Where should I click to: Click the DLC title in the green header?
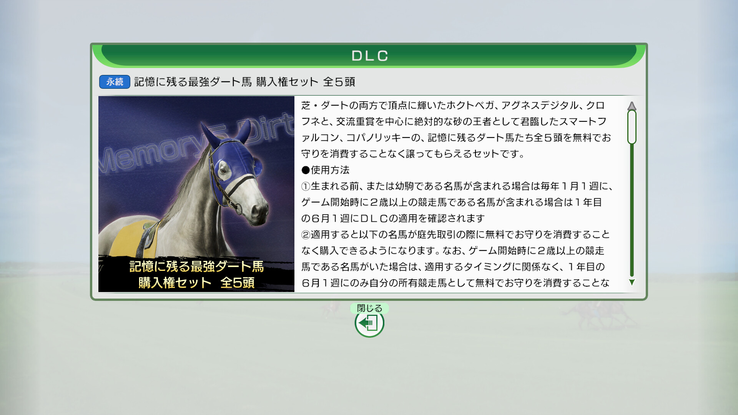coord(370,56)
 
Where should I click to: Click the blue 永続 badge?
coord(115,82)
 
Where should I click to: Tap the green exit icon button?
coord(369,323)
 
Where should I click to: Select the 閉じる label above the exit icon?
coord(369,308)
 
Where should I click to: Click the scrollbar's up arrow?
coord(632,106)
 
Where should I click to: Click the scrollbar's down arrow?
coord(632,282)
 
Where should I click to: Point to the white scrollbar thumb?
coord(632,127)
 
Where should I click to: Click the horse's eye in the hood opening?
coord(224,169)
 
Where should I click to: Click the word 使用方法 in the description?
coord(330,170)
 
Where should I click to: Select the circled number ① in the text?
coord(306,186)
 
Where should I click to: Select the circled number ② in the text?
coord(306,235)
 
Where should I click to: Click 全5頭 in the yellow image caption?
coord(238,283)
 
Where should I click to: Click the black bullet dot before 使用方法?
coord(306,170)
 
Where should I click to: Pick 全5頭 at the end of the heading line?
coord(339,82)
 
